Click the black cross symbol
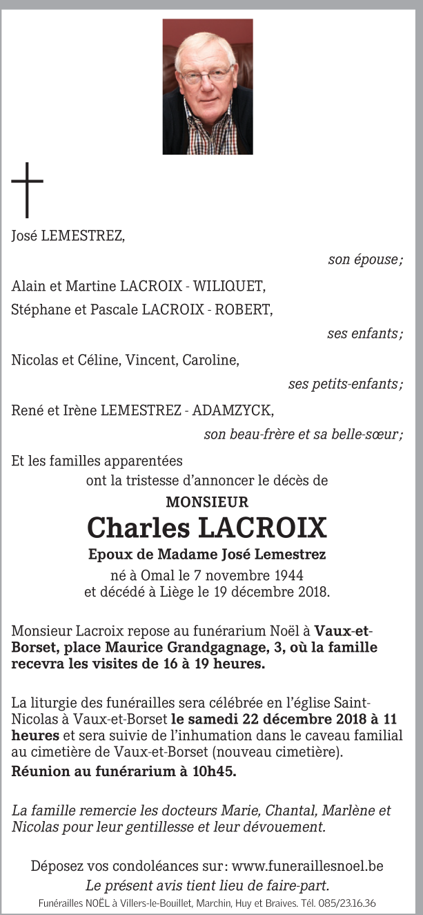click(x=27, y=190)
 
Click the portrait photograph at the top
click(x=207, y=86)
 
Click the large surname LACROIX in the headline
click(x=262, y=528)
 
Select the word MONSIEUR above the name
click(x=207, y=502)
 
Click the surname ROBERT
click(x=246, y=309)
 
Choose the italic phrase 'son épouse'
click(x=364, y=260)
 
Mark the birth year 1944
click(x=287, y=575)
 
